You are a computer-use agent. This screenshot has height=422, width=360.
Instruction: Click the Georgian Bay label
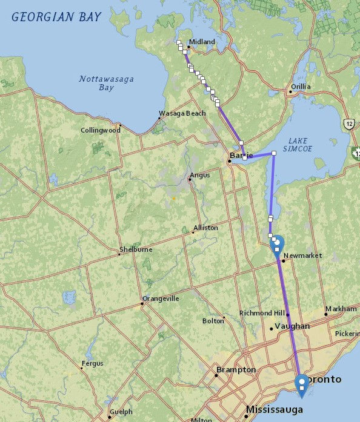pyautogui.click(x=56, y=16)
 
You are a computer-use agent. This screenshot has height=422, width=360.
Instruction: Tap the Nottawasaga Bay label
pyautogui.click(x=106, y=84)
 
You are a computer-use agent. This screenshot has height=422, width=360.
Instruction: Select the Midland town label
pyautogui.click(x=202, y=42)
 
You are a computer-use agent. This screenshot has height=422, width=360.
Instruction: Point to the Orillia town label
pyautogui.click(x=301, y=87)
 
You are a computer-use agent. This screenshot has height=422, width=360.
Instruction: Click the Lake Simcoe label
pyautogui.click(x=299, y=145)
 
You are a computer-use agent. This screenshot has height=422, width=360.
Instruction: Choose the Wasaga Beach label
pyautogui.click(x=182, y=113)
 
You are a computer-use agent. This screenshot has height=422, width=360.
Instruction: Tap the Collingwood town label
pyautogui.click(x=101, y=130)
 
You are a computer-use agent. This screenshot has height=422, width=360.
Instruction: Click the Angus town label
pyautogui.click(x=199, y=176)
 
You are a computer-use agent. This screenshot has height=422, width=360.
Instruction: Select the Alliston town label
pyautogui.click(x=205, y=228)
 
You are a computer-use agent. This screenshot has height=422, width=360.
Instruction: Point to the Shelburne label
pyautogui.click(x=136, y=249)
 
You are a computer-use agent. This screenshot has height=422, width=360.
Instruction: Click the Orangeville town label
pyautogui.click(x=161, y=298)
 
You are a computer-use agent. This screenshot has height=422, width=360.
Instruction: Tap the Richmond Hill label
pyautogui.click(x=262, y=313)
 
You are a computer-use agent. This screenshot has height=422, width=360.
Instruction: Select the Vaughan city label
pyautogui.click(x=292, y=326)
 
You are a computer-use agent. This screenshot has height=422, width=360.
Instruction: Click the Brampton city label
pyautogui.click(x=233, y=369)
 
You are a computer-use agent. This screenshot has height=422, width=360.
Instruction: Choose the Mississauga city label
pyautogui.click(x=274, y=410)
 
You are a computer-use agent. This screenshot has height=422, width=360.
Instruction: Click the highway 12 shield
pyautogui.click(x=349, y=124)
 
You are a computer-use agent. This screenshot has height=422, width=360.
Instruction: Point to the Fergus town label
pyautogui.click(x=93, y=363)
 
